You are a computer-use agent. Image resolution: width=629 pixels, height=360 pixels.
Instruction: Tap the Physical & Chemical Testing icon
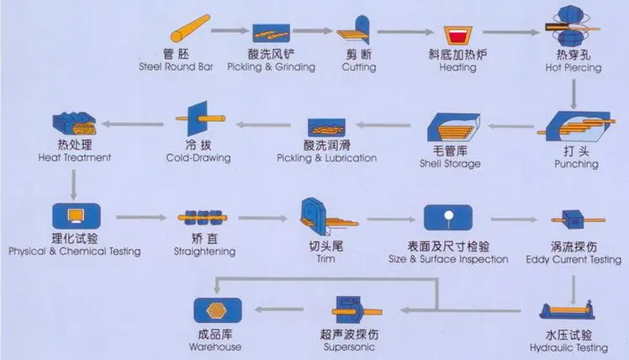[73, 214]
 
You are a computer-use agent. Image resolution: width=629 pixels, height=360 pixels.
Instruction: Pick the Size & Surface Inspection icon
[447, 218]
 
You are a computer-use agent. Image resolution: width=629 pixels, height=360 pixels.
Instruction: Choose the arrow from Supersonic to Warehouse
[283, 310]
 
